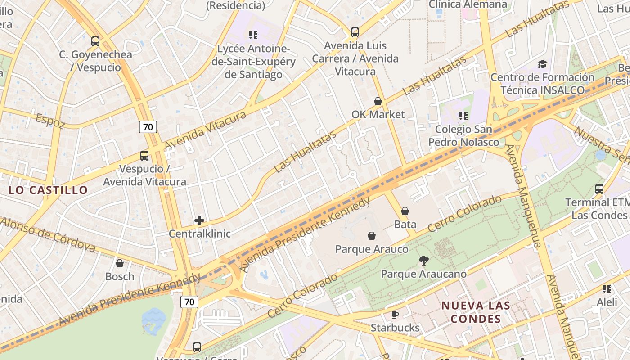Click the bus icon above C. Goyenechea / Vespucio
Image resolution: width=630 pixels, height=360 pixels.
tap(95, 41)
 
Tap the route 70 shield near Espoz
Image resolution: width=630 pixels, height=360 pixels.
tap(148, 127)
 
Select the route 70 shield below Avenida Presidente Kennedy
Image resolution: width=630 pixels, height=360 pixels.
tap(189, 301)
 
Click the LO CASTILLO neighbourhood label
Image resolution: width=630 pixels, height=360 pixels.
tap(48, 190)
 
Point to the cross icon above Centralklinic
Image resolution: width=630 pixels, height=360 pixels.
tap(199, 220)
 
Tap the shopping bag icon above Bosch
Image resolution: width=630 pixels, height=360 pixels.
tap(120, 263)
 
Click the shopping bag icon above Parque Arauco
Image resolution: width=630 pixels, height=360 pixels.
tap(372, 236)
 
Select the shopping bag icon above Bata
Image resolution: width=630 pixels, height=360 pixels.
tap(405, 211)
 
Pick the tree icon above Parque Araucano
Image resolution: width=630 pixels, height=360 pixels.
tap(423, 260)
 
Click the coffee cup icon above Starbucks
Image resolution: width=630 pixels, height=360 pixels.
tap(395, 315)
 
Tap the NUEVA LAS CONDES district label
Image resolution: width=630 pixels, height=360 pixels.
tap(476, 312)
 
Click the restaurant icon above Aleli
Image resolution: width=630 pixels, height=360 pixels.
tap(607, 289)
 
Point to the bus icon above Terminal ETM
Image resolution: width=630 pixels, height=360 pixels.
tap(599, 189)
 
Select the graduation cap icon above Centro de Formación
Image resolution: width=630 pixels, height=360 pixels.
tap(542, 64)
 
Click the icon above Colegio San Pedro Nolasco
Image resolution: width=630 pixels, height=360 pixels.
tap(463, 117)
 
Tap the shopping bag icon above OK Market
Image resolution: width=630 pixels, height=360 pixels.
tap(378, 101)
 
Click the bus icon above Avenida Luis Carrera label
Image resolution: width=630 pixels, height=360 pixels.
tap(355, 32)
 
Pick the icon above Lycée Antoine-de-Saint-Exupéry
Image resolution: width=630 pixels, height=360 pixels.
tap(253, 35)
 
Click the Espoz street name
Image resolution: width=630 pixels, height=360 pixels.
tap(50, 121)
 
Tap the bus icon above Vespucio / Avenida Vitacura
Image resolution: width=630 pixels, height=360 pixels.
tap(144, 156)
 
